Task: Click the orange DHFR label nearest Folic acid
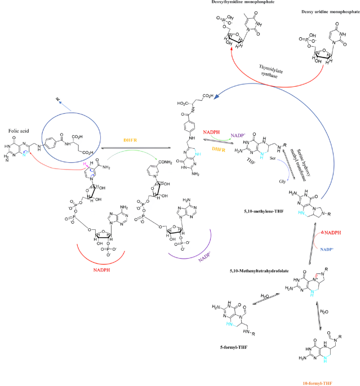pyautogui.click(x=131, y=138)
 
